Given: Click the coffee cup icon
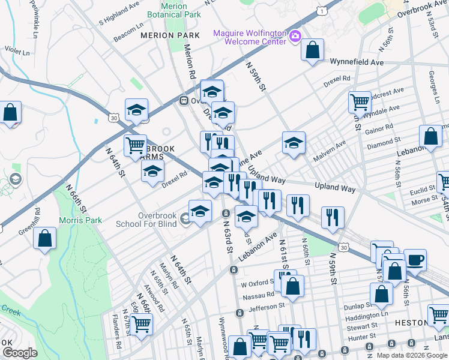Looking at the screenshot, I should (x=415, y=260).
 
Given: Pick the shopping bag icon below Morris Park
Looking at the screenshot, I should (x=45, y=239).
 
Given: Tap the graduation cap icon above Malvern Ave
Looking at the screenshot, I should (x=294, y=143).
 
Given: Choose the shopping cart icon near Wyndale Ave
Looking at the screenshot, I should (x=360, y=101).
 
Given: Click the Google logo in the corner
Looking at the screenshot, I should (x=19, y=353).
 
